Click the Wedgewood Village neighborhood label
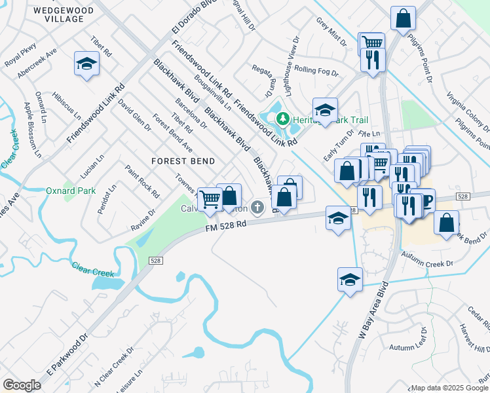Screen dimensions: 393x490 pos(58,14)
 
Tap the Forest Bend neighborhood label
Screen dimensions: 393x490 pos(183,160)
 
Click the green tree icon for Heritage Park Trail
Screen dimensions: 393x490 pos(284,119)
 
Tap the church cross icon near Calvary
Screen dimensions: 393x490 pos(259,208)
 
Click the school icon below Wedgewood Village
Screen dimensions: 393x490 pos(86,64)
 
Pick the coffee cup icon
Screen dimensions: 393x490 pos(424,201)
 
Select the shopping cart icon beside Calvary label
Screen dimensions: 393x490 pos(210,198)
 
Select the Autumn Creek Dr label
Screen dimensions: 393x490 pos(427,260)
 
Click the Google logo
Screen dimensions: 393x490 pos(22,384)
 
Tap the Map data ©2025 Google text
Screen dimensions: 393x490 pos(448,388)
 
